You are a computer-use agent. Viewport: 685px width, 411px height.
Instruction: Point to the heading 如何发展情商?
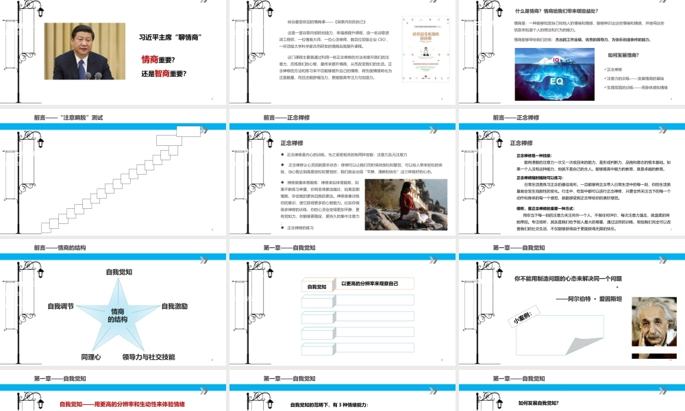tap(623, 55)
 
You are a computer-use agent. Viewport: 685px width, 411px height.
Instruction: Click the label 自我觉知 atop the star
tap(119, 272)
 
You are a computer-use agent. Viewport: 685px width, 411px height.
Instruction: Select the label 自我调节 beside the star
tap(61, 306)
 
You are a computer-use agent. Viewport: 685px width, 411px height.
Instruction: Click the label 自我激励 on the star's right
tap(174, 306)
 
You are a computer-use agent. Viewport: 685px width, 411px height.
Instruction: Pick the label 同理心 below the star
tap(91, 357)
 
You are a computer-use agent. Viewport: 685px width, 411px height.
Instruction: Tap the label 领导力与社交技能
tap(149, 357)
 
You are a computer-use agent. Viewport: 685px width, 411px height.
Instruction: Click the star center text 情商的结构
tap(119, 315)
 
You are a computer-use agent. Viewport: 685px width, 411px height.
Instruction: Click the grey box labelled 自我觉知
tap(317, 286)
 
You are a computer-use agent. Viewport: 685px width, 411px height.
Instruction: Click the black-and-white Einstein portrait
tap(651, 325)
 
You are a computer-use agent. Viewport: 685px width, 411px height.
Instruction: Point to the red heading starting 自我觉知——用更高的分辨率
tap(122, 404)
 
